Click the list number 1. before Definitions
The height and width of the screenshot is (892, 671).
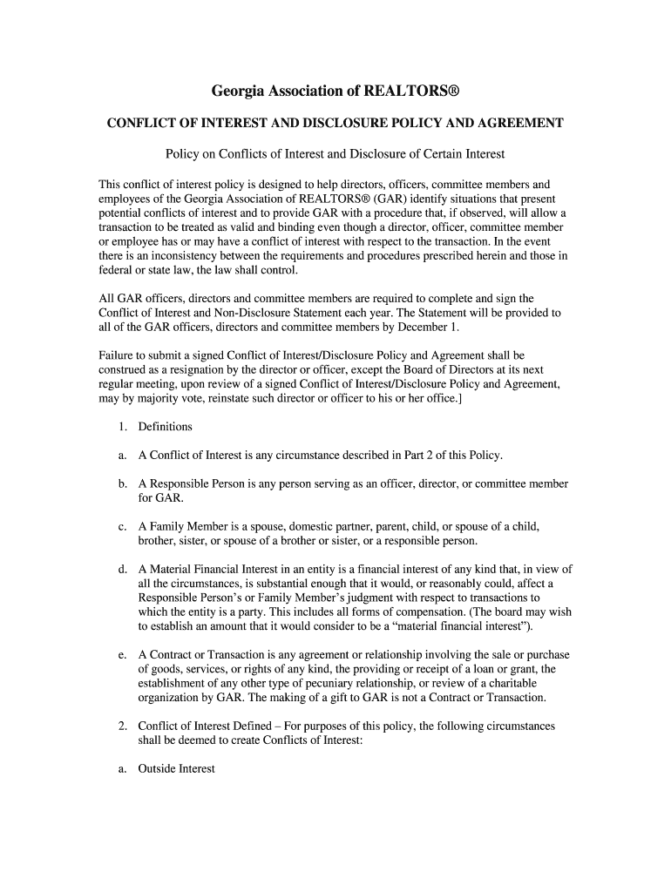[x=123, y=427]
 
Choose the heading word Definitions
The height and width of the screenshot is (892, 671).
[x=166, y=427]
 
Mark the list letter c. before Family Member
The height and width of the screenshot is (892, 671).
[x=122, y=527]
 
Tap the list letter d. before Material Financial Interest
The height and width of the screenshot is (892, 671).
[x=123, y=570]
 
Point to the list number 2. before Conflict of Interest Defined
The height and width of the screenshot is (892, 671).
[x=123, y=726]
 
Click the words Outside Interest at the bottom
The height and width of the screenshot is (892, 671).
[x=176, y=769]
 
